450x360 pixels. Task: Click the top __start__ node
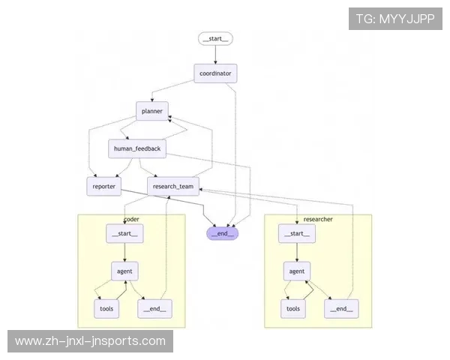(x=216, y=38)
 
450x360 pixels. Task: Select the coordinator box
(x=216, y=73)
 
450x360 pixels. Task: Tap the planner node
(x=152, y=111)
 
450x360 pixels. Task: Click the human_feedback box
(x=136, y=148)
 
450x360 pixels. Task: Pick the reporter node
(x=103, y=186)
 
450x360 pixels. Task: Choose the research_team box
(x=173, y=186)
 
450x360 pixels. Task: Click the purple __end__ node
(x=223, y=232)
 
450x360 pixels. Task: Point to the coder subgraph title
(x=131, y=219)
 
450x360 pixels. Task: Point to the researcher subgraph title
(x=318, y=219)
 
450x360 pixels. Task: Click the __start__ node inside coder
(x=124, y=234)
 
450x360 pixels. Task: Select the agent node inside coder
(x=124, y=271)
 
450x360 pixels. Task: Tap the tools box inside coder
(x=106, y=308)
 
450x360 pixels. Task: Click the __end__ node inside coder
(x=153, y=308)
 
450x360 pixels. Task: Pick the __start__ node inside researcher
(x=296, y=234)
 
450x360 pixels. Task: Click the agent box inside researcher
(x=296, y=271)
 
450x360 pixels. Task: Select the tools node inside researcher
(x=293, y=308)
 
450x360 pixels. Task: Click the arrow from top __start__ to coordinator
(x=216, y=55)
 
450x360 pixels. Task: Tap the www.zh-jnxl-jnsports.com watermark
(x=90, y=342)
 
